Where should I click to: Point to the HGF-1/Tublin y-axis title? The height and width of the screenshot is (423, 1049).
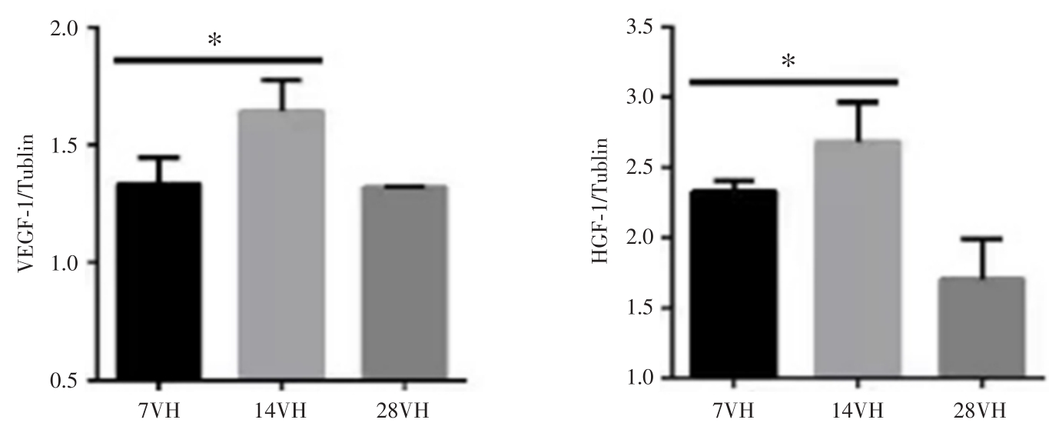[x=603, y=211]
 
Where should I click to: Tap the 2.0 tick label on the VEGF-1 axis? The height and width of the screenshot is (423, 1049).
[x=65, y=28]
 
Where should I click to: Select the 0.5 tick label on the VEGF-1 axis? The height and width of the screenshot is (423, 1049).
[x=65, y=381]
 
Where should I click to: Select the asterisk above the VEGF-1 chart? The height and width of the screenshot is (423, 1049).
[x=216, y=40]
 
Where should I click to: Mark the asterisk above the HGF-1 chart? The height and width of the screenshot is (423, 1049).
[x=789, y=62]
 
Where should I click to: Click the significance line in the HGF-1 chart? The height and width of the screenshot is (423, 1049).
[x=792, y=80]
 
